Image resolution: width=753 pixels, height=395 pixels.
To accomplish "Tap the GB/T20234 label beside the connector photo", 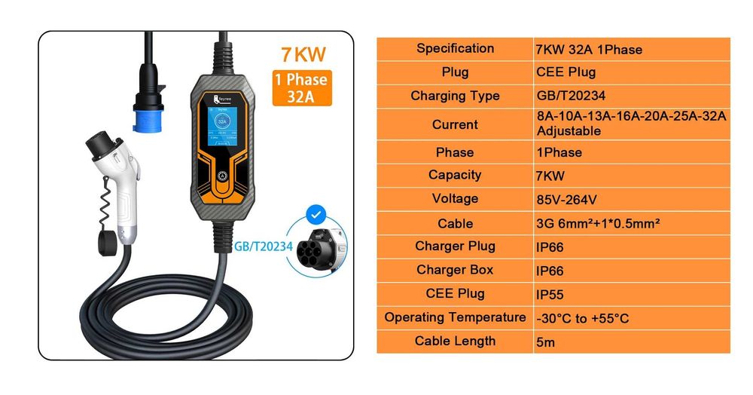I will (x=264, y=246).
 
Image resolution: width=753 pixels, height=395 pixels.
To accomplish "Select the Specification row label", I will (x=455, y=49).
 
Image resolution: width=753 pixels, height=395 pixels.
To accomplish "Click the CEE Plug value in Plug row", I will (x=566, y=72).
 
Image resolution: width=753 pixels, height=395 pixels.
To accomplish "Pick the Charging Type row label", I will (x=455, y=96).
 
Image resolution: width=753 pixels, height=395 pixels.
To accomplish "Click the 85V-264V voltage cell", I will (x=569, y=200).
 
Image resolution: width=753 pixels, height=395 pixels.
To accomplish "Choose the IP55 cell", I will (x=550, y=295).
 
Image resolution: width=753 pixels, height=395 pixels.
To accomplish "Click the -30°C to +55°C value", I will (x=581, y=318).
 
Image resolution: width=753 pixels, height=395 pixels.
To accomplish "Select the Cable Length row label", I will (x=455, y=341).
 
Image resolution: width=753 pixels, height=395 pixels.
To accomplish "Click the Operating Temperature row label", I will (x=455, y=317).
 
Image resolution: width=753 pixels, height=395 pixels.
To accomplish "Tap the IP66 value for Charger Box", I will (x=550, y=271).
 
